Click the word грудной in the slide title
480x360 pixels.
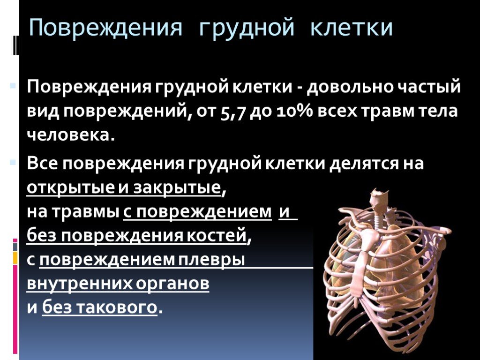point(247,29)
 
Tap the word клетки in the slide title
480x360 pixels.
point(351,28)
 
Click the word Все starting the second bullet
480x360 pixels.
point(42,164)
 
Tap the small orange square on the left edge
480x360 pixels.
point(15,257)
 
